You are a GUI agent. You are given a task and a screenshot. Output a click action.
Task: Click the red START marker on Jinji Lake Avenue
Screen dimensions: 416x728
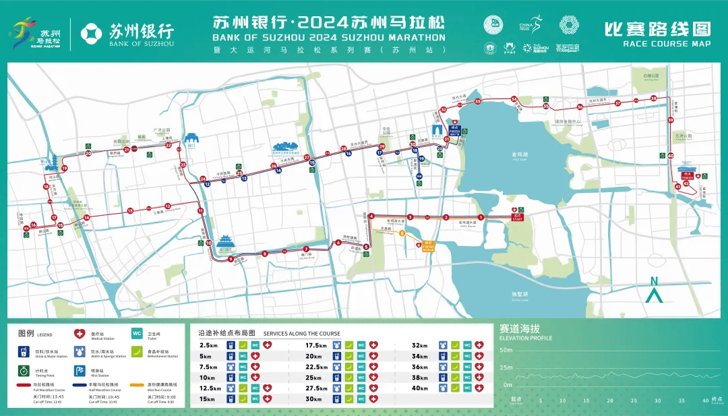pyautogui.click(x=518, y=217)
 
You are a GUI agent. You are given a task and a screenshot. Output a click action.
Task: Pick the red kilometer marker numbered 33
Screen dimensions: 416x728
pyautogui.click(x=477, y=102)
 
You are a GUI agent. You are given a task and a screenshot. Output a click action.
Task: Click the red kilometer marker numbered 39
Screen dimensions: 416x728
pyautogui.click(x=670, y=121)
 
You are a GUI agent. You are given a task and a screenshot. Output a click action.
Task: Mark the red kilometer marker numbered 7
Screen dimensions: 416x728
pyautogui.click(x=306, y=249)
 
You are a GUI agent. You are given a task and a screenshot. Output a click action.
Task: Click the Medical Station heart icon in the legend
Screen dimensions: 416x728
pyautogui.click(x=78, y=333)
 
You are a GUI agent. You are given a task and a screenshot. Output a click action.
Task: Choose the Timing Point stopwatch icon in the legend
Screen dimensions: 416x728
pyautogui.click(x=23, y=370)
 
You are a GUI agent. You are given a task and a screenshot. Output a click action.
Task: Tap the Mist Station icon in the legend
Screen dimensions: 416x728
pyautogui.click(x=79, y=370)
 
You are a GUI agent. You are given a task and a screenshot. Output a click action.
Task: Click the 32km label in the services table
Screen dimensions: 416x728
pyautogui.click(x=419, y=345)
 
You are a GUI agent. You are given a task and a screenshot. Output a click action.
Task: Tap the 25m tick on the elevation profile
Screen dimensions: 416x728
pyautogui.click(x=506, y=367)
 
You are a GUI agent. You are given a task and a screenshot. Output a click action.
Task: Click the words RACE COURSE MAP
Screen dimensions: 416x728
pyautogui.click(x=667, y=43)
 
